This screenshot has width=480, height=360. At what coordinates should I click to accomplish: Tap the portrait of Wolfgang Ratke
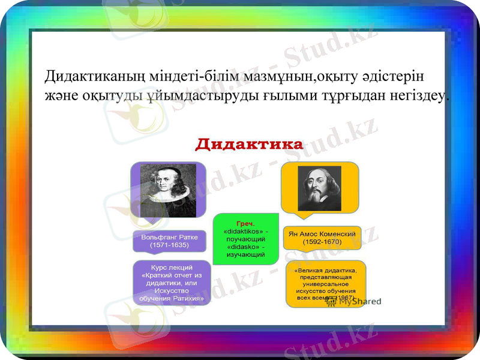tap(168, 190)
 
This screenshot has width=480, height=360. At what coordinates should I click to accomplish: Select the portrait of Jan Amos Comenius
tap(319, 188)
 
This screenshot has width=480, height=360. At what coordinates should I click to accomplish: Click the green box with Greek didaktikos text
tap(246, 239)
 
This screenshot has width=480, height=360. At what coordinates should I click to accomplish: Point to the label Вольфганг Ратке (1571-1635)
tap(169, 241)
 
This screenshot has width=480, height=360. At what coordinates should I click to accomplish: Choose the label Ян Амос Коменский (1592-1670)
tap(322, 238)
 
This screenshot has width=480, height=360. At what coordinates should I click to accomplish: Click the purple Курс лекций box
tap(172, 282)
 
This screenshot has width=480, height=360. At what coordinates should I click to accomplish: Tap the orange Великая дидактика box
tap(325, 283)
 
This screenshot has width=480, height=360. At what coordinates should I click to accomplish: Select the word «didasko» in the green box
tap(245, 247)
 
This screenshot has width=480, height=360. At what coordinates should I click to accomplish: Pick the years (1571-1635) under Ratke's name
tap(169, 245)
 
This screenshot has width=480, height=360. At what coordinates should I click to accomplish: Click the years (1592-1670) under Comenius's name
tap(322, 242)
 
